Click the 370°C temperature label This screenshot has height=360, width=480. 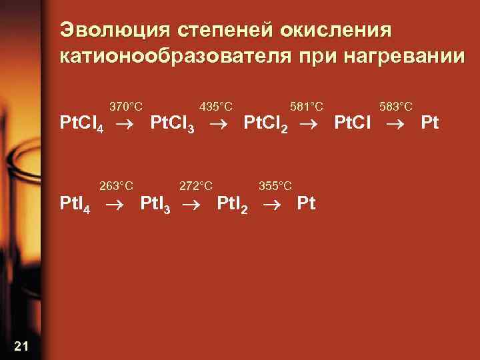point(126,107)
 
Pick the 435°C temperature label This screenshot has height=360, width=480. point(216,107)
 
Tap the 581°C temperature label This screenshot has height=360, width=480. point(307,107)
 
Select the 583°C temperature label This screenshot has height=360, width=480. point(396,107)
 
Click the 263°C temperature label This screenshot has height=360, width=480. point(116,185)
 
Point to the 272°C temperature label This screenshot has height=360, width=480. point(197,185)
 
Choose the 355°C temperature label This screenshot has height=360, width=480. point(275,185)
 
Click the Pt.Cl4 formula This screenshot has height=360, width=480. point(81,125)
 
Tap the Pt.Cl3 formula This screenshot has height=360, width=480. point(172,125)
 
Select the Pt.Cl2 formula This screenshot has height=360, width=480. point(265,125)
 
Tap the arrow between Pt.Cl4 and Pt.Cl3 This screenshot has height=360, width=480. point(127,124)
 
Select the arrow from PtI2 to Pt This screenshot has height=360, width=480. point(273,203)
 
